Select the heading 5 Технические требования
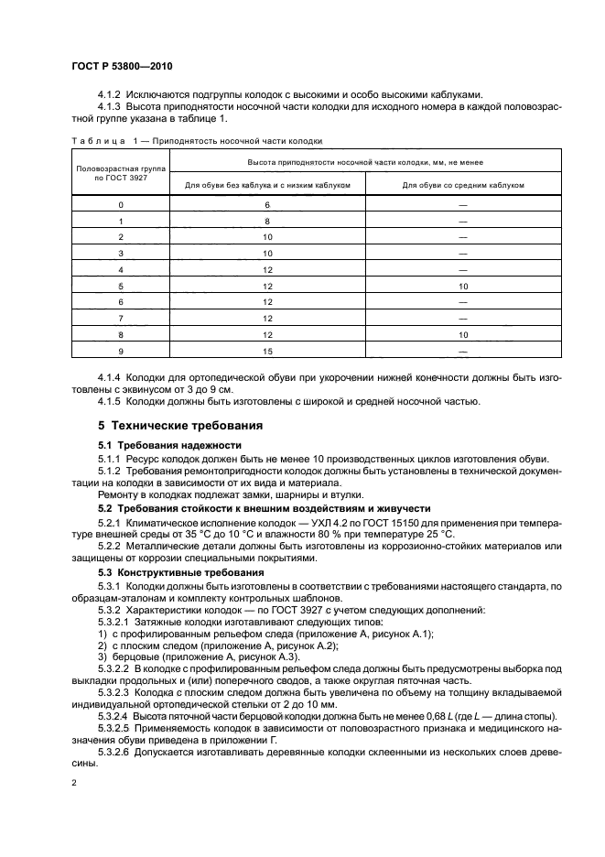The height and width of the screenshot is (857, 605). point(180,426)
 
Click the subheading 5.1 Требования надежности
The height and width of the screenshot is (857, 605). point(157,445)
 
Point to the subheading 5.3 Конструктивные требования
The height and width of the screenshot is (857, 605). point(164,572)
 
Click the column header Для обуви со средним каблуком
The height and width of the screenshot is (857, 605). point(463,184)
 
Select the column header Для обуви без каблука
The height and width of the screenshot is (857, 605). point(267,184)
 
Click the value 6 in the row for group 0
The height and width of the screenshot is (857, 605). point(268,205)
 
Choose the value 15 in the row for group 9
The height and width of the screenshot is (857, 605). point(268,351)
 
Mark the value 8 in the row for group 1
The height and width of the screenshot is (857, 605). point(268,222)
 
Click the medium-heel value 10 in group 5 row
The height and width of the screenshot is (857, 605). point(463,286)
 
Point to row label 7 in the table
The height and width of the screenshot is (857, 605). point(120,319)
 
